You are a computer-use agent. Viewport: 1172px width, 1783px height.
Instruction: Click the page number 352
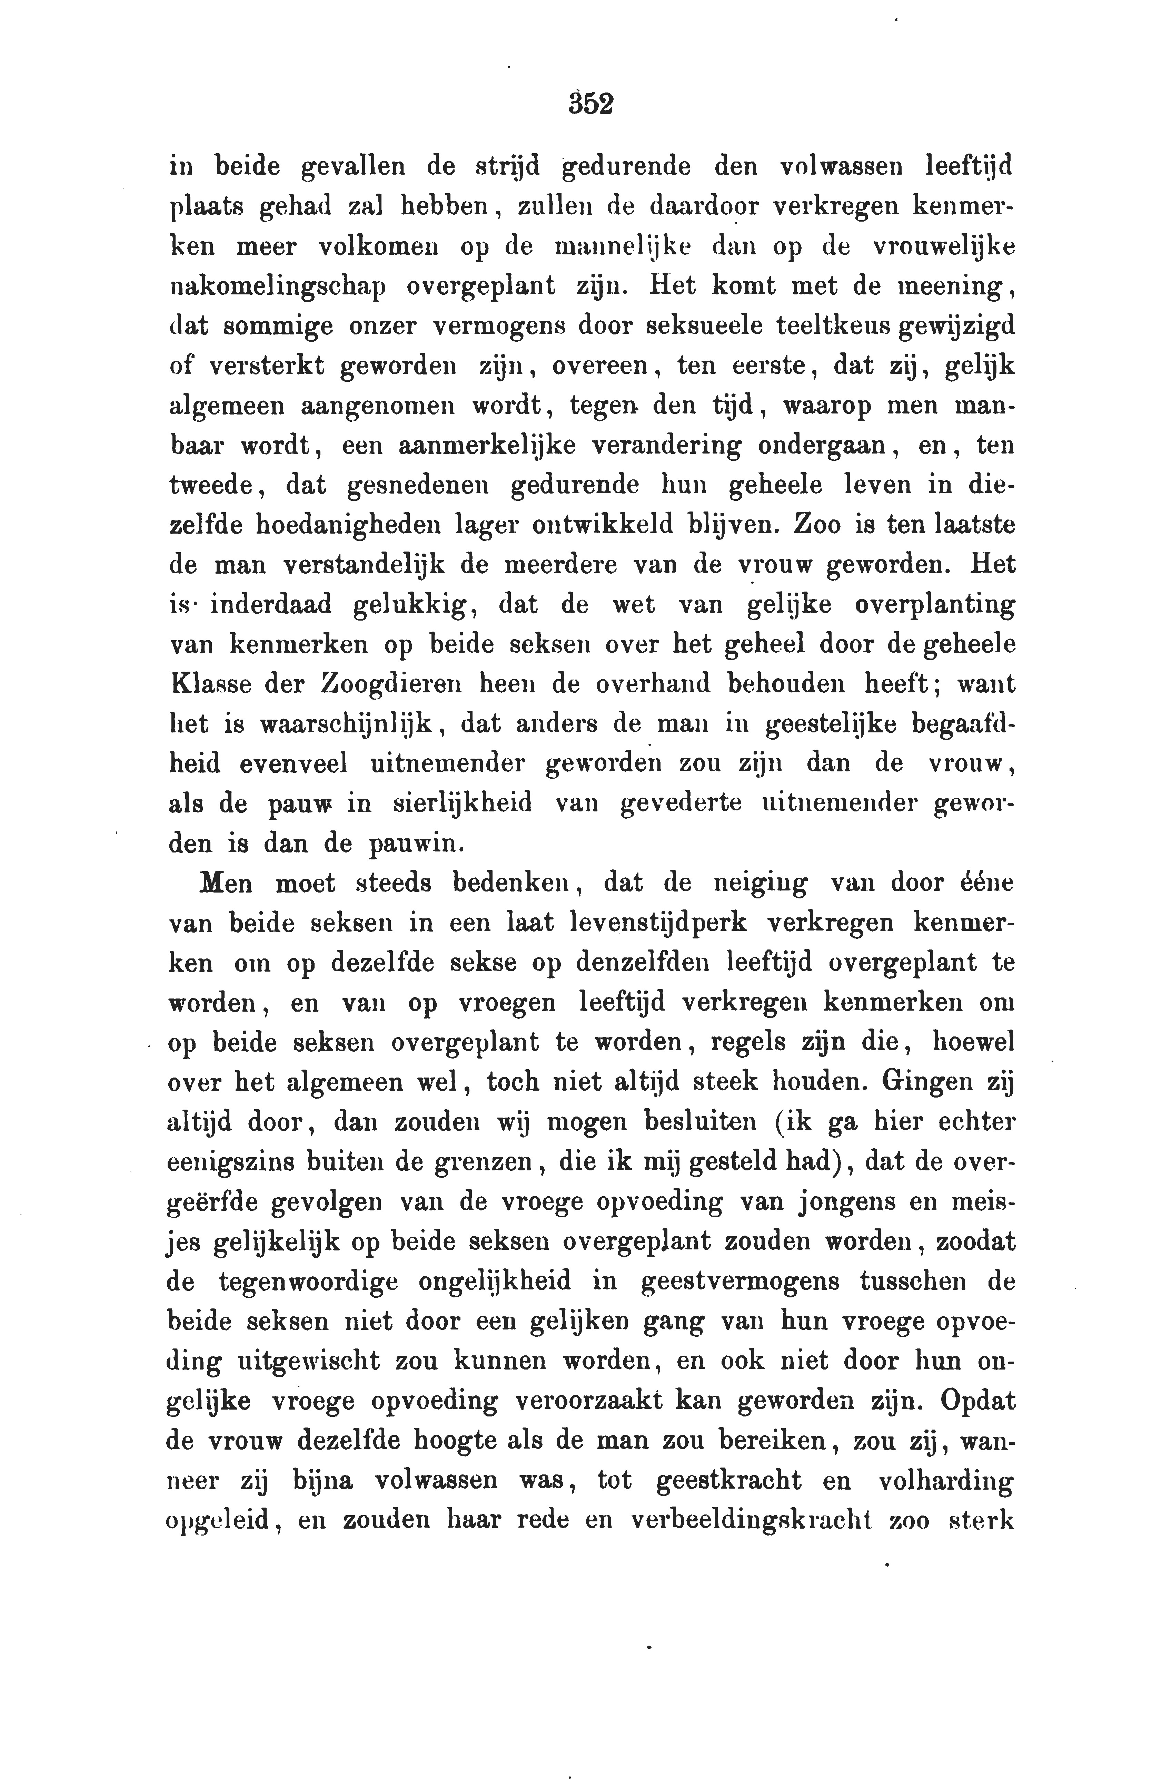(x=591, y=103)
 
